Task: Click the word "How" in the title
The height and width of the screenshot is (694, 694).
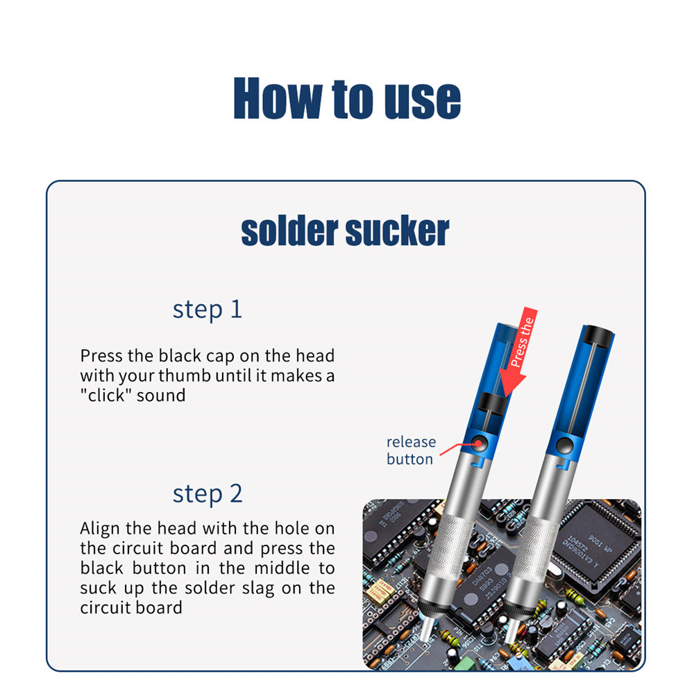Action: point(278,98)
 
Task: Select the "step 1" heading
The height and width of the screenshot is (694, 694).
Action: point(207,310)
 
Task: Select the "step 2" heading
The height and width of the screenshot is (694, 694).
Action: point(207,493)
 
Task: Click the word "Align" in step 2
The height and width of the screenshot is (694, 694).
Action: point(101,529)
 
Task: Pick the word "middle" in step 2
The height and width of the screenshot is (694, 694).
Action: point(282,568)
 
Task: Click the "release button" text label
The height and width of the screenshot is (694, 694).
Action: point(411,450)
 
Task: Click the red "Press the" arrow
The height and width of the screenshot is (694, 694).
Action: point(518,352)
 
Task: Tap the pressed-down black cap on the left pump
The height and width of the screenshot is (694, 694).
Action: point(492,403)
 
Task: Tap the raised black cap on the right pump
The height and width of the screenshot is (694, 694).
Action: point(598,335)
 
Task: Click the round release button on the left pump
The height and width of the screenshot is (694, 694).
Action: point(478,443)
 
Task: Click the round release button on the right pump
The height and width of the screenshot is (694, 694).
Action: point(564,445)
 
